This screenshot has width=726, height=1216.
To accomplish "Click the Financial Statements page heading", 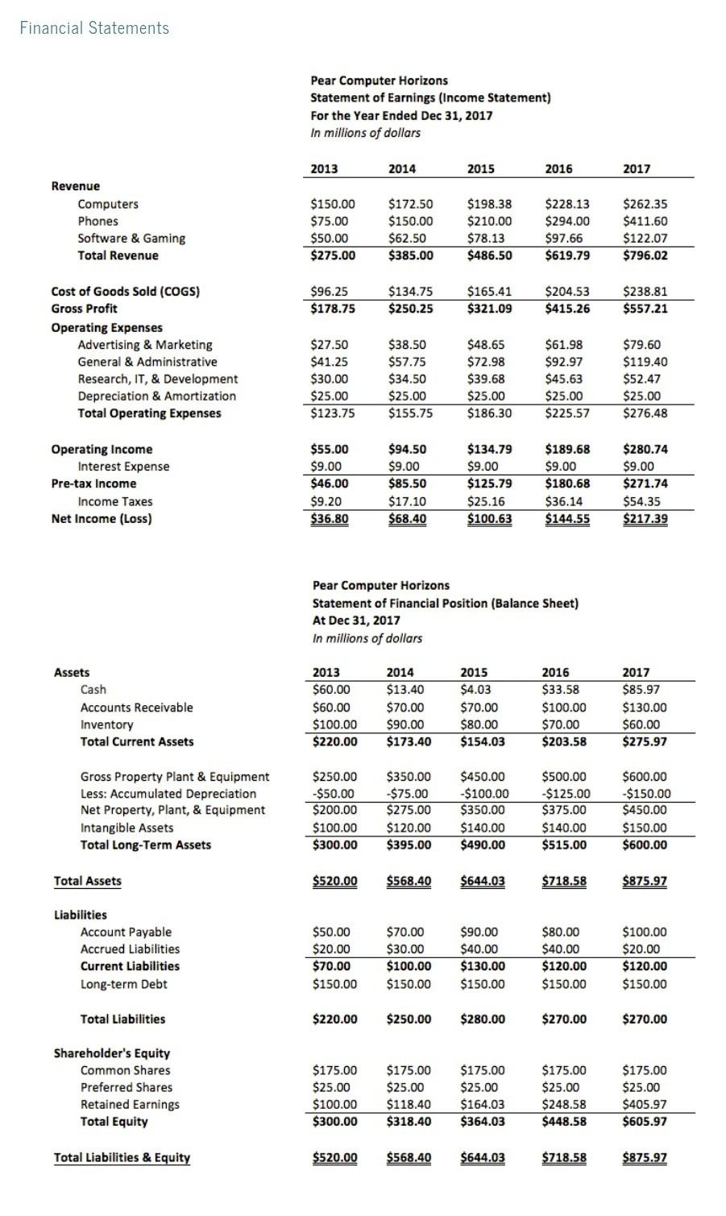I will [x=94, y=28].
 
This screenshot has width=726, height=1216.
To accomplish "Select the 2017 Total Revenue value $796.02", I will [x=645, y=255].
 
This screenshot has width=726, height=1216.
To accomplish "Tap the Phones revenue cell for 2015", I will [x=489, y=221].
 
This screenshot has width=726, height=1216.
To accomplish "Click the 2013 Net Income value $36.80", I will [x=330, y=519].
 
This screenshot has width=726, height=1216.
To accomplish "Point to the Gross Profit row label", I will [x=84, y=309].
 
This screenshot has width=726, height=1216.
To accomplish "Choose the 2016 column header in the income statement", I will [x=558, y=168].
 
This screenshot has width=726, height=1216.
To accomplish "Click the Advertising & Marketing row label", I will [x=145, y=345].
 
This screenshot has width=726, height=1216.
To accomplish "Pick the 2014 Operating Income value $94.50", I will [x=408, y=450].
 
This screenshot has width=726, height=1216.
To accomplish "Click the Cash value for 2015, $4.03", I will [x=475, y=690].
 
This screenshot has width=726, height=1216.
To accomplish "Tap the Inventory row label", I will [x=106, y=724].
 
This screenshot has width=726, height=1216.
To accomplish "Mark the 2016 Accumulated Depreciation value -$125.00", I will [x=566, y=794].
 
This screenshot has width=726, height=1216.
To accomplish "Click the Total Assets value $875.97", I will [x=645, y=881].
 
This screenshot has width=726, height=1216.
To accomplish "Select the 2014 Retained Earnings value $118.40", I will [x=409, y=1105].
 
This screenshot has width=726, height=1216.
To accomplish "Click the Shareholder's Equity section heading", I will [x=111, y=1053].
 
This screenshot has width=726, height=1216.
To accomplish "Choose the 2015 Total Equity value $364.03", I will [x=483, y=1122].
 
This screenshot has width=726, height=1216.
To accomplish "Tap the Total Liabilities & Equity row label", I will [x=122, y=1158].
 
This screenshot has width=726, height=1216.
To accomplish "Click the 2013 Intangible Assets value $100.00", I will [x=334, y=828].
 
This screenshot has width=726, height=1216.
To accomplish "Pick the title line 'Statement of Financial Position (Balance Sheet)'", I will [x=445, y=603].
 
